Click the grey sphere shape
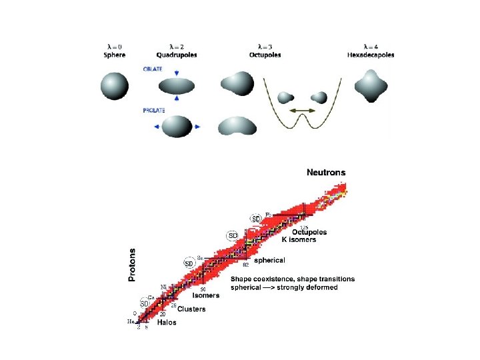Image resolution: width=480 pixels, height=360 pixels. [114, 86]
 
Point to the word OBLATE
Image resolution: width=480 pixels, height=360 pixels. [153, 69]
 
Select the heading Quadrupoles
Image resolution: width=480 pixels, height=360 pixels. [177, 54]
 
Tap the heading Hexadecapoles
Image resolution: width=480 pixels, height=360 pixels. [369, 54]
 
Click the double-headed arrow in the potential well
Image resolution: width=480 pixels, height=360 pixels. [302, 109]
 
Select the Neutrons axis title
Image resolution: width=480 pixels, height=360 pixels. [326, 173]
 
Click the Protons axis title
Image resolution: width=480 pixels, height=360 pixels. [132, 265]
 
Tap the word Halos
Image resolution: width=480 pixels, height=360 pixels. [167, 322]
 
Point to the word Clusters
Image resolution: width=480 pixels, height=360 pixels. [191, 309]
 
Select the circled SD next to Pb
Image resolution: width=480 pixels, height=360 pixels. [255, 218]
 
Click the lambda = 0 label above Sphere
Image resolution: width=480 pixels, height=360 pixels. [114, 47]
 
